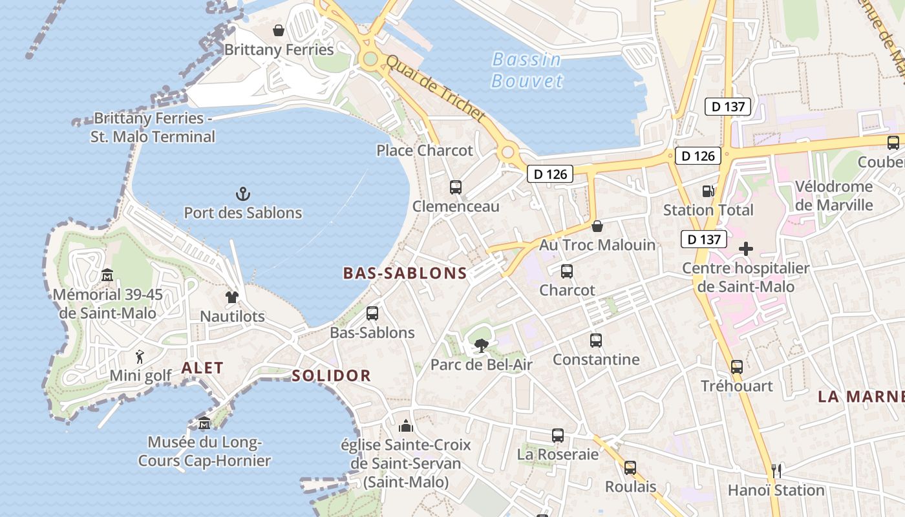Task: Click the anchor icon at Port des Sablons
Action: pos(242,193)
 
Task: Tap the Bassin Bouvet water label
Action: pos(527,70)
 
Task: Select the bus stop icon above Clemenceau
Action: pos(456,187)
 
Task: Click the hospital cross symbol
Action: pos(746,249)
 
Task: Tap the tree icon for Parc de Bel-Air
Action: pos(481,346)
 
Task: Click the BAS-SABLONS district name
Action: pos(405,273)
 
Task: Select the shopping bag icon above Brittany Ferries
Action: pos(279,30)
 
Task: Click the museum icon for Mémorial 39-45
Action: pos(107,276)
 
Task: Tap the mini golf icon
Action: pos(140,356)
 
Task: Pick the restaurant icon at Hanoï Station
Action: pos(776,470)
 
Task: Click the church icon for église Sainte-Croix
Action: pos(406,426)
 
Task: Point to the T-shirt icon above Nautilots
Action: pos(232,297)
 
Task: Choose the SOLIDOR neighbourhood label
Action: pos(331,375)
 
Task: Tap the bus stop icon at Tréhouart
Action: pos(736,367)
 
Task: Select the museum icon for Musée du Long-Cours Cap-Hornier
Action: pos(204,424)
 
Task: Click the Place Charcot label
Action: pos(425,151)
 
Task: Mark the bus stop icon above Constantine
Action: pos(595,340)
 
